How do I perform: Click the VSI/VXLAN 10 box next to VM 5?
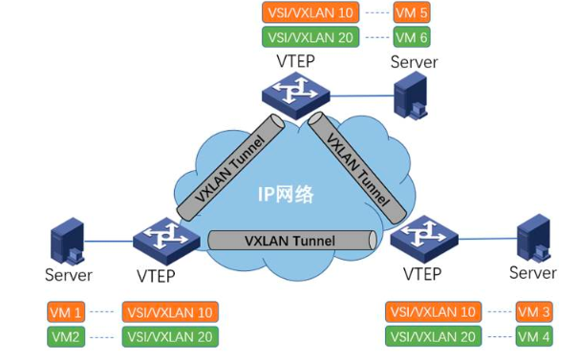click(x=309, y=14)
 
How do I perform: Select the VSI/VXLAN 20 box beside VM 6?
click(x=309, y=38)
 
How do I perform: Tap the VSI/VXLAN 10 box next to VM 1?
click(x=170, y=311)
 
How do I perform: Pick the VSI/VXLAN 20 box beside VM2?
click(x=170, y=336)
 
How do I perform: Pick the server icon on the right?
click(x=532, y=236)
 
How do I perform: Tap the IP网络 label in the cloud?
click(x=286, y=193)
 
